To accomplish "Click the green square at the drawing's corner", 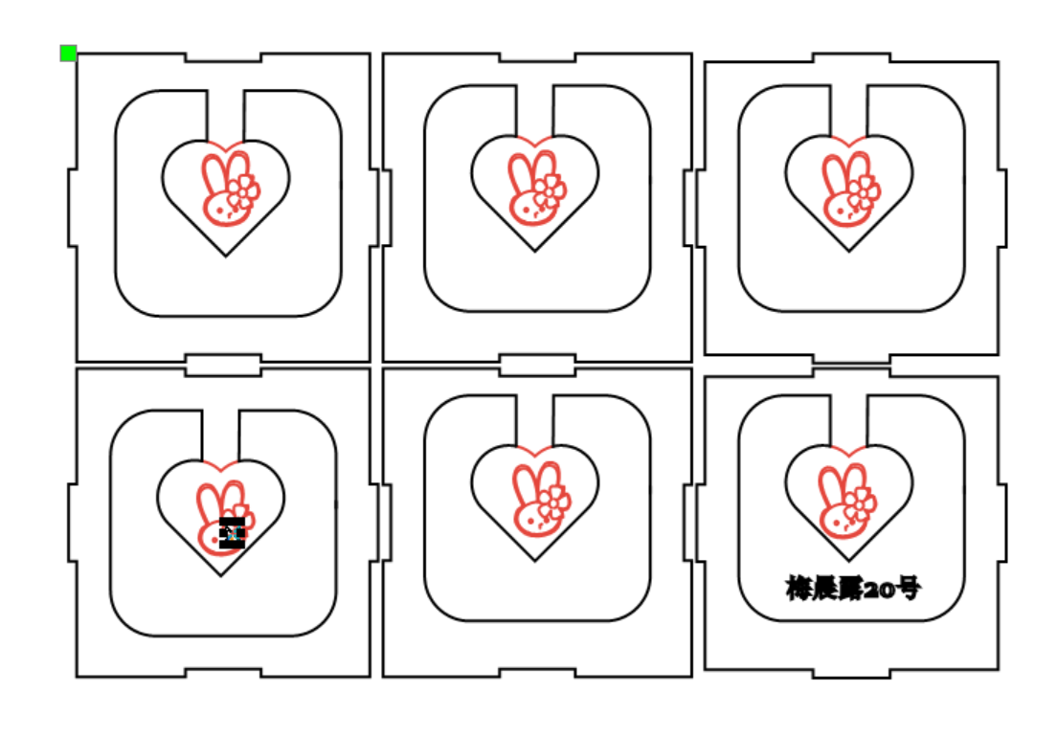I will tap(68, 53).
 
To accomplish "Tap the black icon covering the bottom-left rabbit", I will tap(232, 532).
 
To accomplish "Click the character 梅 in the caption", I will tap(800, 589).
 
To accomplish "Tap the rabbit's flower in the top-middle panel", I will tap(549, 195).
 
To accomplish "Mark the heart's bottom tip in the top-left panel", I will tap(226, 256).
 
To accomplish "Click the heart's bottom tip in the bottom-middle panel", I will tap(535, 560).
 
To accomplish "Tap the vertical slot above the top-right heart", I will tap(848, 110).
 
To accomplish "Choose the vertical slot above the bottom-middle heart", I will tap(534, 419).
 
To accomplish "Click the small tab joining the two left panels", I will tap(223, 365).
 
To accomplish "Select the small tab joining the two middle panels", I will tap(537, 365).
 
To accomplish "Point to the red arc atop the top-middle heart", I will tap(535, 140).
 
